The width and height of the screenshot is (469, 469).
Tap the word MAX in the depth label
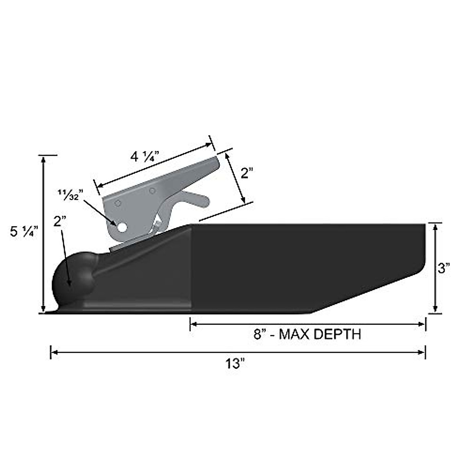pos(294,335)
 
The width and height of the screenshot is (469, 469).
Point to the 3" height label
pos(444,269)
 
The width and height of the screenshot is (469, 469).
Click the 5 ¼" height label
pos(24,232)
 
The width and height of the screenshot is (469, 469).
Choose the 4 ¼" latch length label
pos(144,157)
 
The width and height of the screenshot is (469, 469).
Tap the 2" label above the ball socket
pos(61,222)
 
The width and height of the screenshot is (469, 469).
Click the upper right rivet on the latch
pos(152,191)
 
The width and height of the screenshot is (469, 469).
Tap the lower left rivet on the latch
pos(117,203)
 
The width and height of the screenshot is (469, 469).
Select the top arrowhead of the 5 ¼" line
pos(43,159)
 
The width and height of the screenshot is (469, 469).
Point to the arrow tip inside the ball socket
pos(70,285)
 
